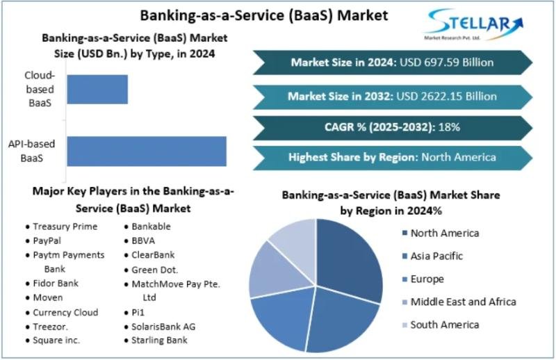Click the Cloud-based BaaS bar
click(97, 90)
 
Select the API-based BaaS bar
click(147, 151)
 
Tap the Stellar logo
click(474, 24)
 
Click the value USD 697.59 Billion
click(446, 63)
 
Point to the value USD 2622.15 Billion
click(446, 97)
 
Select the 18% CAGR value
click(449, 127)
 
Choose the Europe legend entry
click(423, 279)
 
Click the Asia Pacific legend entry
click(432, 256)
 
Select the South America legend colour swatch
click(405, 325)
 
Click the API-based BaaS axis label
click(31, 151)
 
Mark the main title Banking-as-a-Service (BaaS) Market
click(264, 15)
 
